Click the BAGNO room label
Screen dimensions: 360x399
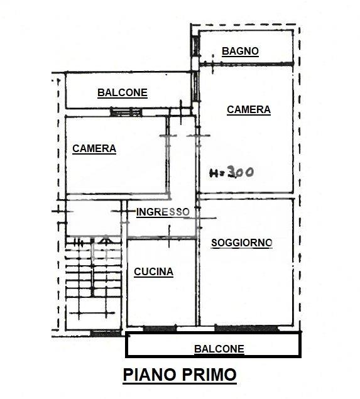(x=240, y=51)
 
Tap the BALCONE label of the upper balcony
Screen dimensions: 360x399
(x=123, y=92)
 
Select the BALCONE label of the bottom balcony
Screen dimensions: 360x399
(x=219, y=349)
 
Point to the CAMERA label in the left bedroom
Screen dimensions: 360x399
(x=94, y=149)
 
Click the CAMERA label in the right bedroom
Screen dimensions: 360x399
(x=249, y=110)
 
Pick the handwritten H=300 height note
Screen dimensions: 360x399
(x=231, y=172)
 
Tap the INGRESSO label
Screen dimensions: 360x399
(x=163, y=212)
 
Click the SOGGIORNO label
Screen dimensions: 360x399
(x=242, y=243)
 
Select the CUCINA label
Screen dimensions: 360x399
(x=154, y=272)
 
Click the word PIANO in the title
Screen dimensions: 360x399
(x=150, y=374)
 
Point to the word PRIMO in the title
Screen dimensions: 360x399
(x=209, y=374)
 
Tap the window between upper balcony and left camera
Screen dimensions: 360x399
(x=126, y=112)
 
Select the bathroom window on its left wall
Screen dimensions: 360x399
(x=195, y=46)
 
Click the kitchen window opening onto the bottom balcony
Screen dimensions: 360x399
(x=160, y=329)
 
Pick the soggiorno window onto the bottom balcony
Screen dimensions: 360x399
(x=246, y=328)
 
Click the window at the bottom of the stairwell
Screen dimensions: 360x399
(x=106, y=334)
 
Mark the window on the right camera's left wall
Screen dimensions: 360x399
(x=195, y=86)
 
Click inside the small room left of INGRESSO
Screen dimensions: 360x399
(x=94, y=217)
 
